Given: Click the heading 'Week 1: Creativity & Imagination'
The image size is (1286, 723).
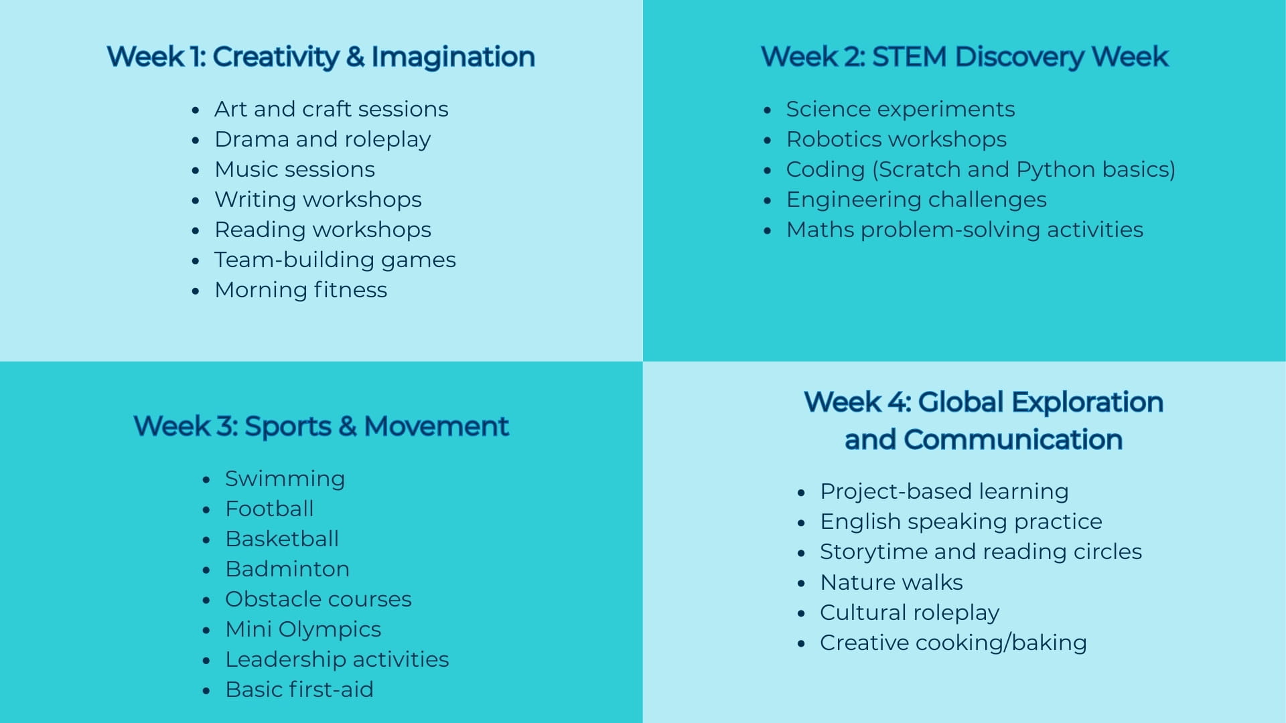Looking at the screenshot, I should tap(321, 57).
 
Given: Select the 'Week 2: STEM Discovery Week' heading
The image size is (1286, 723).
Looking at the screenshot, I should tap(964, 57).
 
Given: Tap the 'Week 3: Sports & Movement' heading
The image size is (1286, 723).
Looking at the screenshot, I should tap(321, 426).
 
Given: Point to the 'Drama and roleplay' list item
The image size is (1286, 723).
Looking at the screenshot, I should tap(322, 139).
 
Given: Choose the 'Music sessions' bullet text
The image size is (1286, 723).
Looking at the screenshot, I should tap(295, 169).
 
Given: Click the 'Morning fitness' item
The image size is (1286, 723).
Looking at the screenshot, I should tap(301, 290).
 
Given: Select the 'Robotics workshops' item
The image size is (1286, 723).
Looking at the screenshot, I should tap(896, 139).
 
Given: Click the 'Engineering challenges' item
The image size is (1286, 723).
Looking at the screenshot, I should tap(916, 199).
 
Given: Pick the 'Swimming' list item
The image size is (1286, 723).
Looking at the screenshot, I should tap(285, 479).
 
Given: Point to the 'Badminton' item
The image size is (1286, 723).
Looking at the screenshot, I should tap(287, 569).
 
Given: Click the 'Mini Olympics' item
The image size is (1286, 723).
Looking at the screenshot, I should tap(303, 629).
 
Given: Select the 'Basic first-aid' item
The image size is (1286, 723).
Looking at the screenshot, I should tap(299, 690).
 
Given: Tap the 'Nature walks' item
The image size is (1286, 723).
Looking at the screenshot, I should tap(891, 582).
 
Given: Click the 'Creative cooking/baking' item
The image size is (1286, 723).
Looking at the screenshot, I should tap(953, 643).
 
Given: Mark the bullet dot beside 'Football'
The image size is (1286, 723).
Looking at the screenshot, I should tap(206, 510).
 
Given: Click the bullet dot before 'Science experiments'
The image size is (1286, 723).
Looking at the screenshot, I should tap(768, 110).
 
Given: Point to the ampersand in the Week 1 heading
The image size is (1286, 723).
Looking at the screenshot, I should tap(355, 57).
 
